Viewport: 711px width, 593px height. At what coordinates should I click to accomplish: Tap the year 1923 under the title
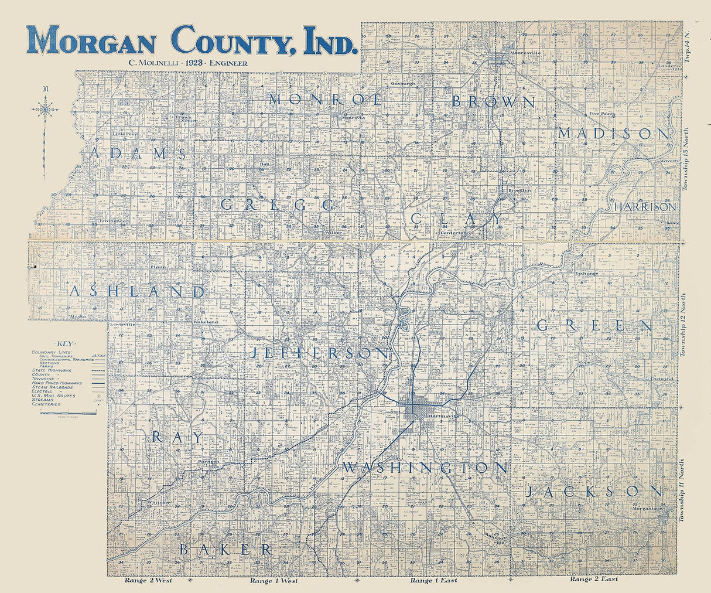(x=192, y=63)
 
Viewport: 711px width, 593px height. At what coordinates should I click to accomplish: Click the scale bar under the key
(x=68, y=413)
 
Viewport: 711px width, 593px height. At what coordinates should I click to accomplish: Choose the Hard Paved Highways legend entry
(x=57, y=383)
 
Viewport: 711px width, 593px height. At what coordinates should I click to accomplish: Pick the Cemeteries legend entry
(x=46, y=404)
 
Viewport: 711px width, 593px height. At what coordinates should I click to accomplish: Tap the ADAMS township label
(x=139, y=154)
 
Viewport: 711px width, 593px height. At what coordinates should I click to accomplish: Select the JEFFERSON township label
(x=320, y=353)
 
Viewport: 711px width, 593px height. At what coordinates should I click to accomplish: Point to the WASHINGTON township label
(x=425, y=467)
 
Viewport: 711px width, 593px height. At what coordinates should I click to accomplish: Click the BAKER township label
(x=225, y=549)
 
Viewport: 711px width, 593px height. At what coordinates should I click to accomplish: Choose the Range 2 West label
(x=148, y=581)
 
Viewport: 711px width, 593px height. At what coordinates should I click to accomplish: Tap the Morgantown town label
(x=647, y=509)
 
